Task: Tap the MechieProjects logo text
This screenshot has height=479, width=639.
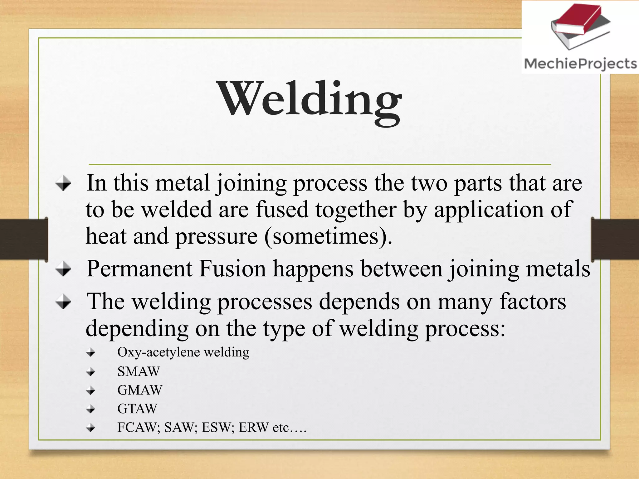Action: (580, 64)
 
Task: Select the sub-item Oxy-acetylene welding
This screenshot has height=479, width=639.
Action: (183, 352)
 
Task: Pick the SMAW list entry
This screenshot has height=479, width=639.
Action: (139, 371)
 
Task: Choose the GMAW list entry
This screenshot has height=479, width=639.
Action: (140, 390)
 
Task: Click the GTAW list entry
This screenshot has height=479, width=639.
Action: (137, 409)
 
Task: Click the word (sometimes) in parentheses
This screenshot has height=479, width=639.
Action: (328, 236)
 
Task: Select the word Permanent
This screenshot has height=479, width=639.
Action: (139, 269)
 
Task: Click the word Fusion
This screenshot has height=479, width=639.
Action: (232, 269)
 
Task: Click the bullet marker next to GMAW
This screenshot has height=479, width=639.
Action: (91, 390)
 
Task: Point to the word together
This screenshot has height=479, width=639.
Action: (356, 210)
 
